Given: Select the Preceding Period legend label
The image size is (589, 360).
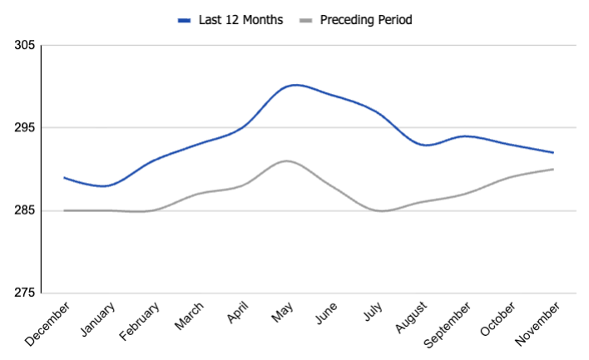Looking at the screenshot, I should click(365, 19).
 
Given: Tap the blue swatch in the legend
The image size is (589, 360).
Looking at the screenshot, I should click(186, 19).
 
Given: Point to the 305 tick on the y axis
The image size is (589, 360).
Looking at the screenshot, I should click(24, 45).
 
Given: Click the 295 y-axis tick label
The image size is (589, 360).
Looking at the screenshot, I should click(24, 128).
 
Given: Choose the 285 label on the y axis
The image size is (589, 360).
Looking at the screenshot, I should click(24, 210).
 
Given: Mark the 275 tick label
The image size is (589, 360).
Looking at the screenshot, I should click(24, 293).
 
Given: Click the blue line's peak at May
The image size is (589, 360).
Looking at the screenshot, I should click(294, 85).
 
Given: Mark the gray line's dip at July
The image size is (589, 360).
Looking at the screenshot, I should click(382, 211).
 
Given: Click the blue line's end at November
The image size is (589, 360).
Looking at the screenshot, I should click(553, 152).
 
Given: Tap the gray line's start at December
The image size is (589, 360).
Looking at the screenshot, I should click(64, 210).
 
